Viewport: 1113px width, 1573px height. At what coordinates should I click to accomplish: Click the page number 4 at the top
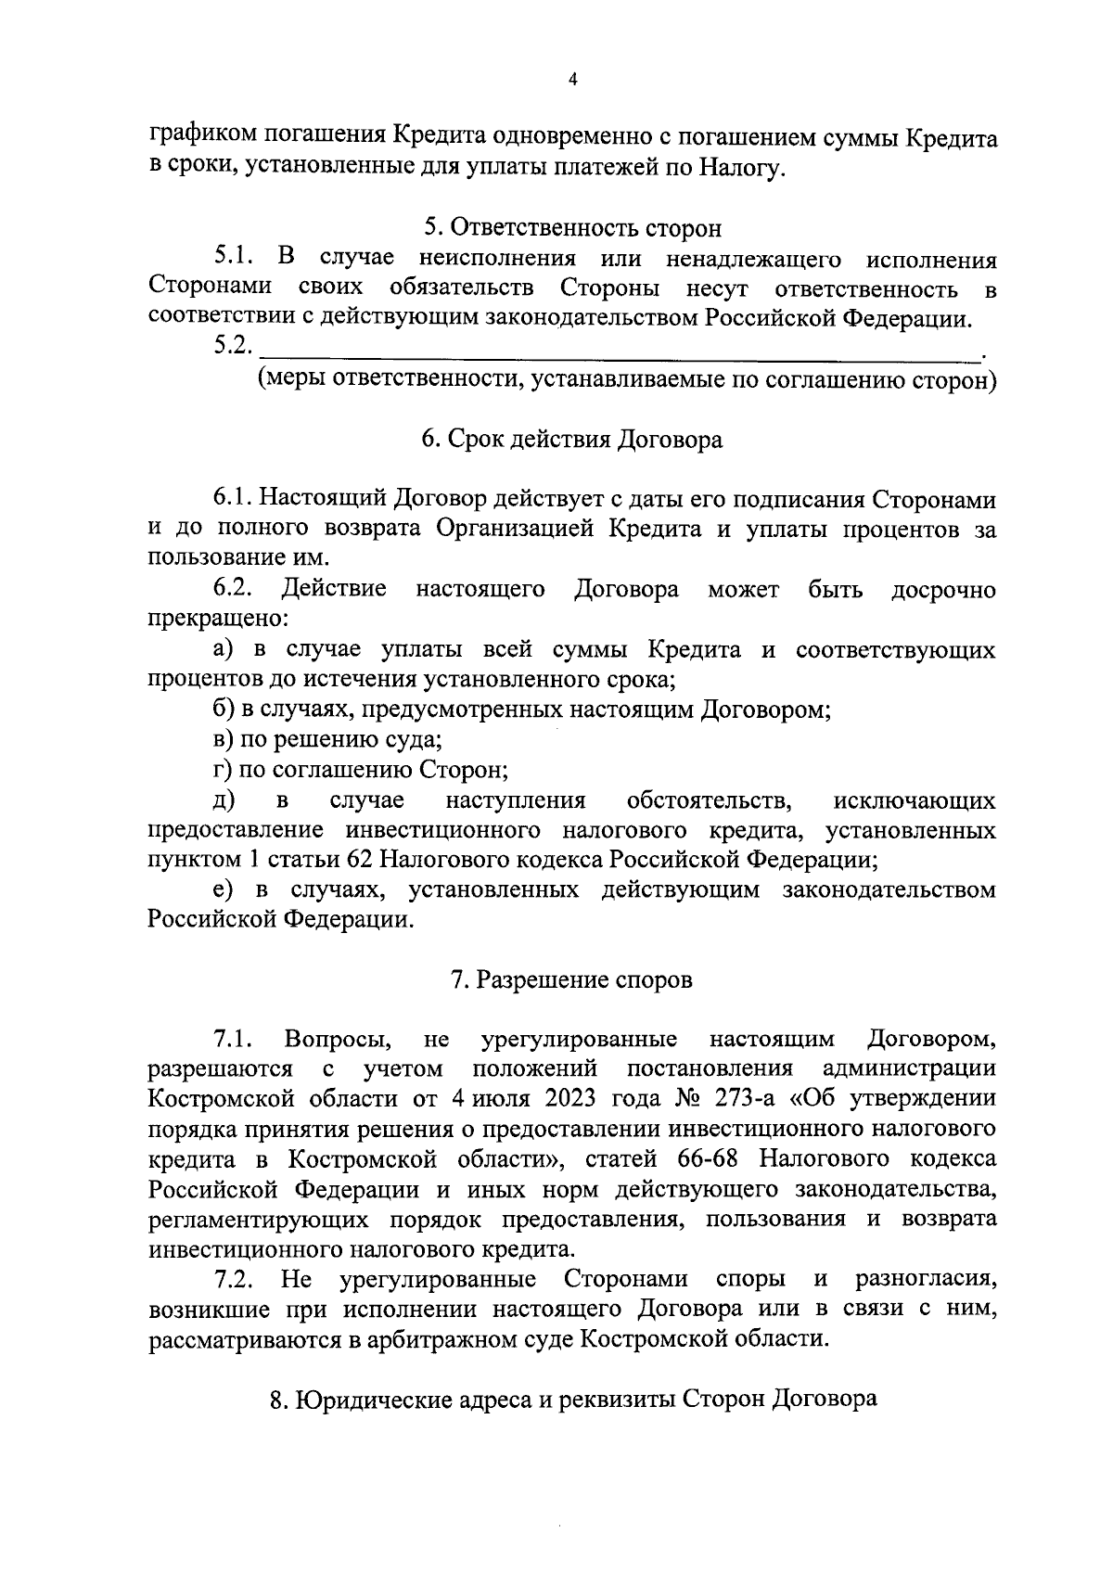point(572,81)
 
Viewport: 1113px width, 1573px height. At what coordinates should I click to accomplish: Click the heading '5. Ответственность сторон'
point(572,227)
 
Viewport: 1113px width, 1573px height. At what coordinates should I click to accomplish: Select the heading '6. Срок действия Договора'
point(572,439)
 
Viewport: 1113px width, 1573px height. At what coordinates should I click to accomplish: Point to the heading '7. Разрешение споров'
point(572,979)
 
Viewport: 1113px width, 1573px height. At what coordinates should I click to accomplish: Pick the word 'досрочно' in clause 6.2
point(943,590)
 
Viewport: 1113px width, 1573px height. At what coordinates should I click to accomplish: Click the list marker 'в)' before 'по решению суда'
point(224,740)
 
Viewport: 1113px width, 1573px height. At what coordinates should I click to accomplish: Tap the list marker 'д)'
point(224,800)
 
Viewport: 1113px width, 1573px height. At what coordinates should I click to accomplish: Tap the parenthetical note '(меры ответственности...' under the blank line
point(627,380)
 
